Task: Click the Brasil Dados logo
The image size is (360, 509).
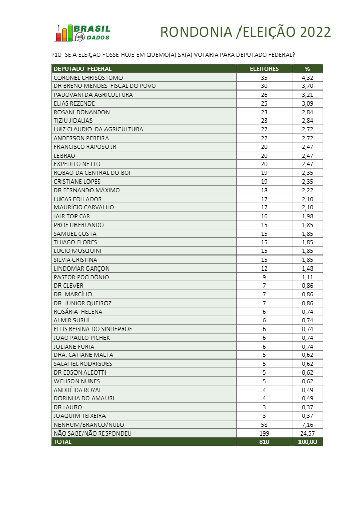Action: click(x=83, y=33)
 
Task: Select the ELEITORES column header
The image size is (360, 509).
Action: click(x=264, y=68)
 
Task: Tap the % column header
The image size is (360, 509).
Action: click(x=307, y=68)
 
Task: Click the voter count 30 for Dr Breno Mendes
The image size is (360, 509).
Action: click(x=264, y=86)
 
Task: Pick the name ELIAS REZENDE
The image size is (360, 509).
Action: click(x=72, y=103)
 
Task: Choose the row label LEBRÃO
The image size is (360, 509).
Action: click(x=65, y=155)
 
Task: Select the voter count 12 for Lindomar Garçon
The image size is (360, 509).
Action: click(x=264, y=268)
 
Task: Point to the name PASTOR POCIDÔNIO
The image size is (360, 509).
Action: click(x=80, y=277)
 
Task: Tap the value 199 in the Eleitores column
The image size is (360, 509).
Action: click(x=264, y=433)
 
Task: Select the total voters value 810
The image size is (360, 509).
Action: click(x=264, y=442)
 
